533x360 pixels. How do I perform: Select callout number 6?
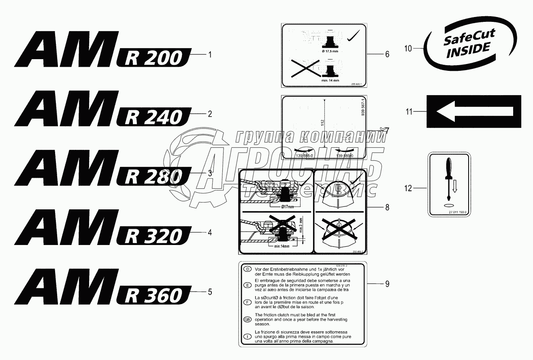point(387,54)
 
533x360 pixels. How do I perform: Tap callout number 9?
point(387,284)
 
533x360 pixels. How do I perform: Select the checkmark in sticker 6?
point(354,36)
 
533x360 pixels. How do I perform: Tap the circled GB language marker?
point(245,319)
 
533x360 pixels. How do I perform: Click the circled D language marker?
point(245,269)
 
